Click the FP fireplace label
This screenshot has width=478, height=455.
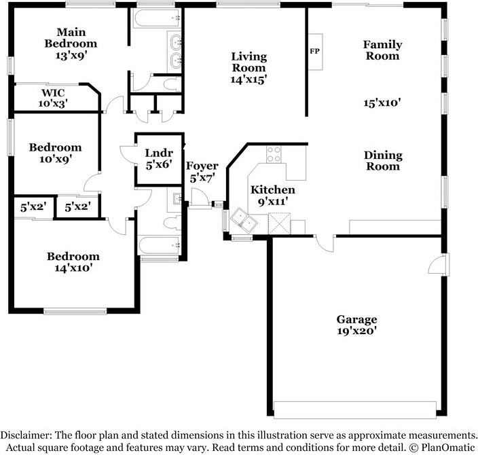coord(314,51)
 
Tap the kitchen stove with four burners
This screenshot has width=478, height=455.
coord(274,154)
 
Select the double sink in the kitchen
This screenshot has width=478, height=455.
coord(244,219)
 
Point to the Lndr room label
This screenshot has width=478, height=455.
coord(159,153)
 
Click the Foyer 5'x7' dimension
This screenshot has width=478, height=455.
coord(202,178)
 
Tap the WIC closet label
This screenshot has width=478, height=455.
coord(53,93)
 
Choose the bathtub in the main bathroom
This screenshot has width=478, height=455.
coord(157,18)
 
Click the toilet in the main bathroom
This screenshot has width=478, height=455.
coord(172,84)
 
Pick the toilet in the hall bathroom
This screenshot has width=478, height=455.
coord(172,223)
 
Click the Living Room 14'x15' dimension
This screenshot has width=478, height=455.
coord(249,79)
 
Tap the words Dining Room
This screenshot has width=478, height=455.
coord(383,161)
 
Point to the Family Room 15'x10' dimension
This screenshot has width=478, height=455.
coord(382,103)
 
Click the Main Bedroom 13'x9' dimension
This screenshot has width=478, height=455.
coord(71,56)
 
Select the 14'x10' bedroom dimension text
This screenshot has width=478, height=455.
coord(73,268)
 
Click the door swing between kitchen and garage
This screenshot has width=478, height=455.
coord(325,244)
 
